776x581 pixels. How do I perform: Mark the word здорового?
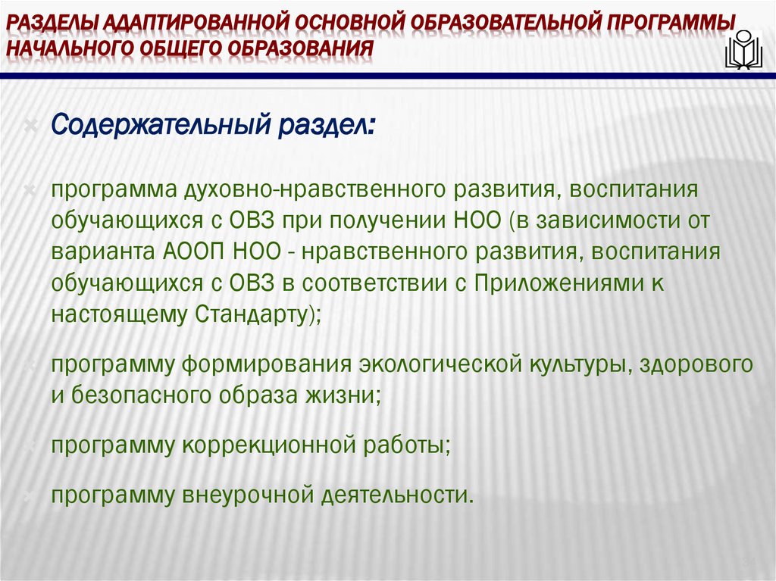coord(696,364)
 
